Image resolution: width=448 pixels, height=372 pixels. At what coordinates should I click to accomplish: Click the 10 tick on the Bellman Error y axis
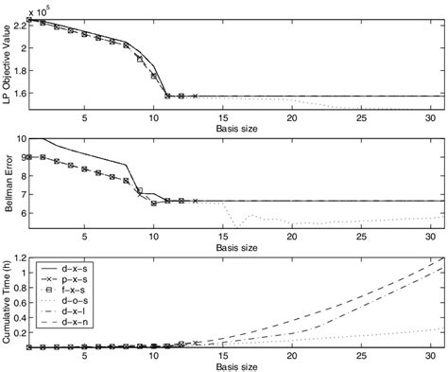tap(18, 138)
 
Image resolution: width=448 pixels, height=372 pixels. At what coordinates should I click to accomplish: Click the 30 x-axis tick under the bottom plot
tap(430, 357)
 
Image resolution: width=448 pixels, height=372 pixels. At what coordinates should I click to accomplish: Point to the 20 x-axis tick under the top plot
tap(292, 118)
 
